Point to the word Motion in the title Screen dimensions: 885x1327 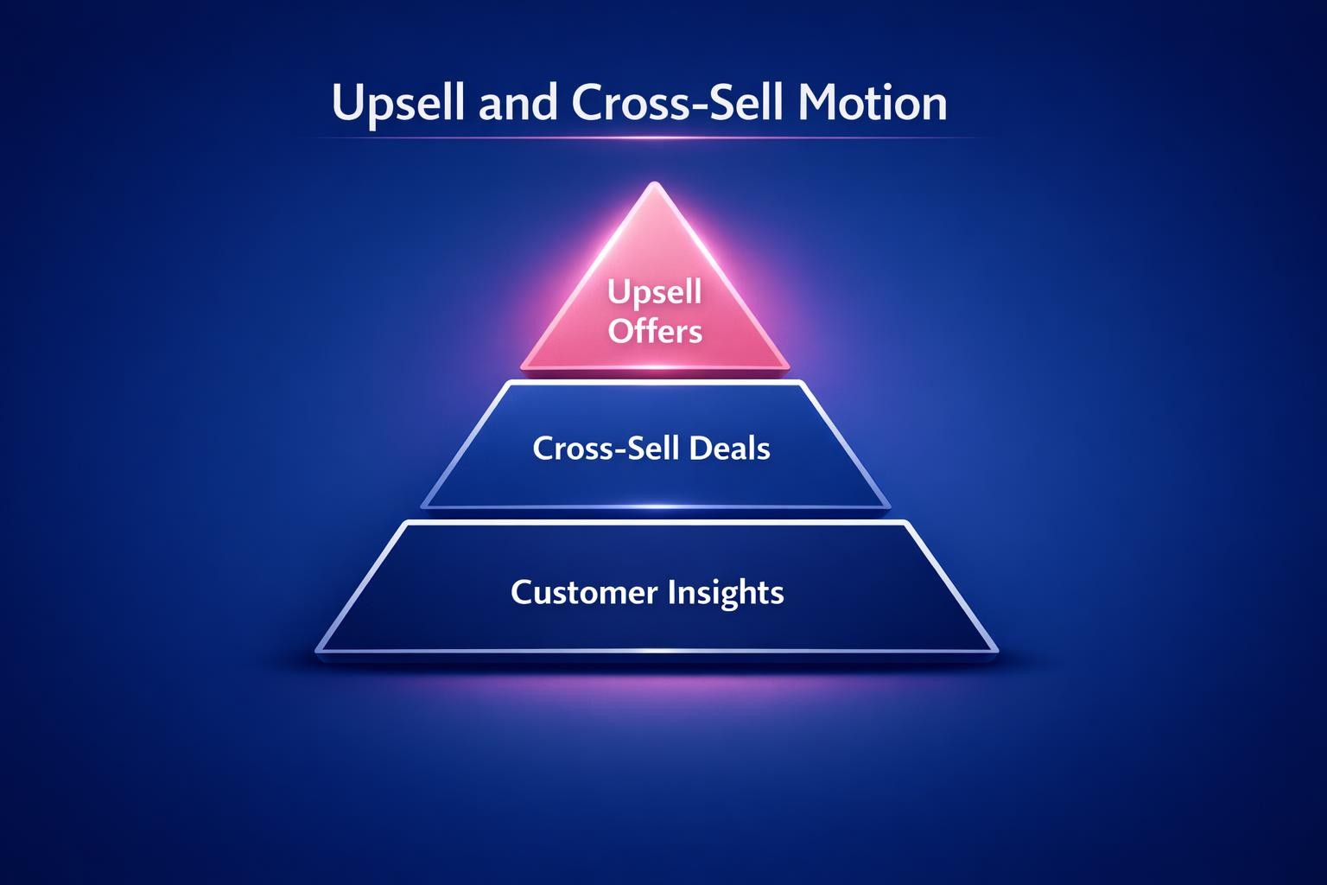pos(873,103)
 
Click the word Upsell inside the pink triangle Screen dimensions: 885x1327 pos(654,293)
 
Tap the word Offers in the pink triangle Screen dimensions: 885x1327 pos(655,331)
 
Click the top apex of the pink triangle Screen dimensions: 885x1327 pos(655,184)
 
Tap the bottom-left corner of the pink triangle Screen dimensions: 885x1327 pos(524,366)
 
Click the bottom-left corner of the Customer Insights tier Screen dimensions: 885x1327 pos(319,649)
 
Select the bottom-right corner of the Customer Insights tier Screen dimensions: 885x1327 pos(995,649)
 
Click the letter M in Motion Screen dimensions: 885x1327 pos(815,103)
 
